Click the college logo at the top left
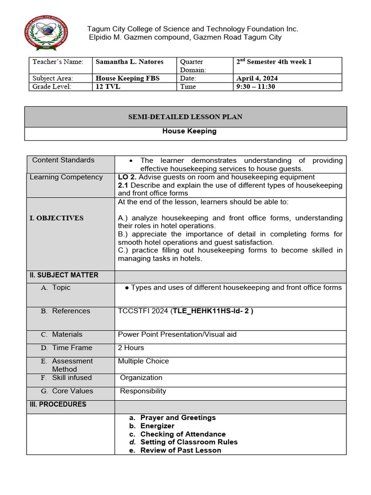click(x=46, y=33)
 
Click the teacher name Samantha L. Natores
click(x=129, y=62)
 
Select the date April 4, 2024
click(x=257, y=78)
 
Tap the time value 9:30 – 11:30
click(x=256, y=87)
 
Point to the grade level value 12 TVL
click(x=108, y=87)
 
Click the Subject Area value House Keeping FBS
click(x=128, y=78)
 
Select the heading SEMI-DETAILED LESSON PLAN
click(x=185, y=117)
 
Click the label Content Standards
click(x=63, y=160)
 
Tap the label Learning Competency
click(x=66, y=177)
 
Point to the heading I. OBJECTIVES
click(x=57, y=218)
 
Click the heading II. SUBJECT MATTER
click(x=64, y=275)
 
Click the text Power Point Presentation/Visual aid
click(x=177, y=334)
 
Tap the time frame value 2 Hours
click(x=131, y=348)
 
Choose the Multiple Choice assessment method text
click(x=143, y=361)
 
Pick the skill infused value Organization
click(x=141, y=378)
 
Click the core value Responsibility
click(x=143, y=391)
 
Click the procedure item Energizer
click(x=157, y=426)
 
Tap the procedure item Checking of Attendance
click(x=183, y=434)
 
